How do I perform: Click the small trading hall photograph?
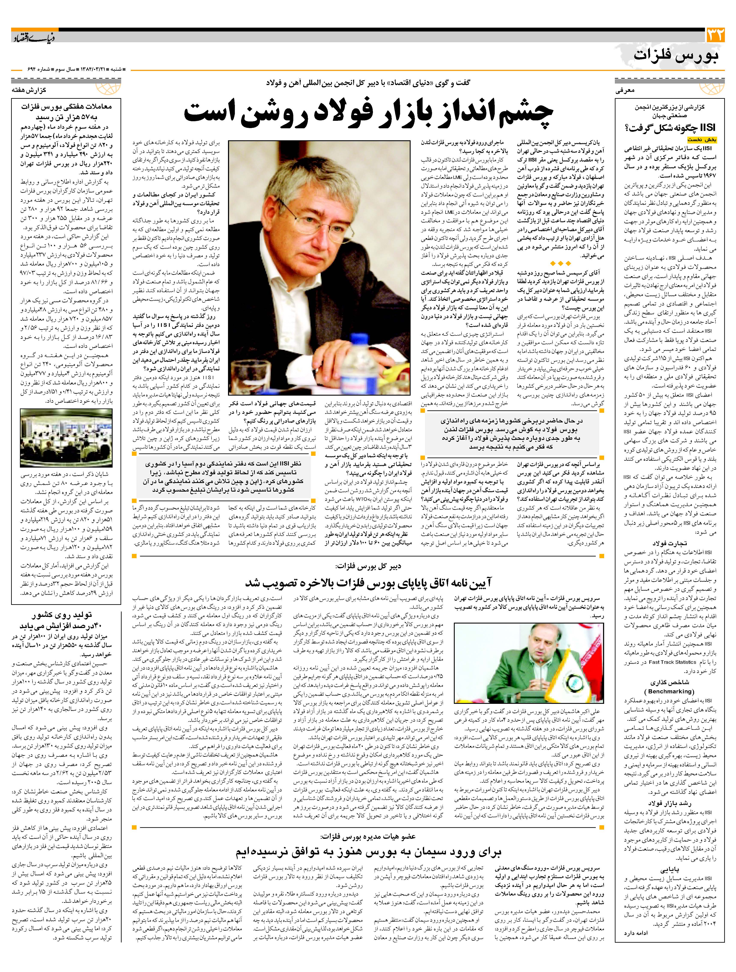tap(66, 437)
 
